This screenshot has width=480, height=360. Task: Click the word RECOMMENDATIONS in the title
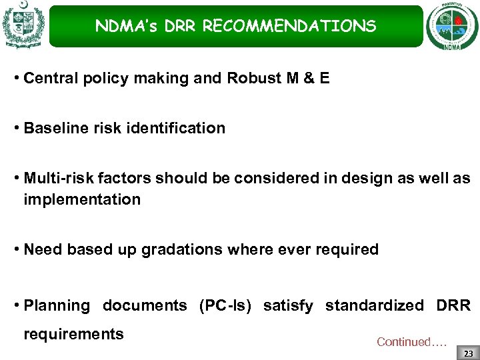(289, 27)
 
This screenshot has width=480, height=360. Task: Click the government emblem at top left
(23, 25)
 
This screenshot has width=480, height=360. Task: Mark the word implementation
(82, 199)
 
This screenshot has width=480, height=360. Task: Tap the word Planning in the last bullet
(56, 305)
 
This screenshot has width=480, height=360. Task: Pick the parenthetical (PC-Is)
(225, 305)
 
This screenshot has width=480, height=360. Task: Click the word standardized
(374, 305)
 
